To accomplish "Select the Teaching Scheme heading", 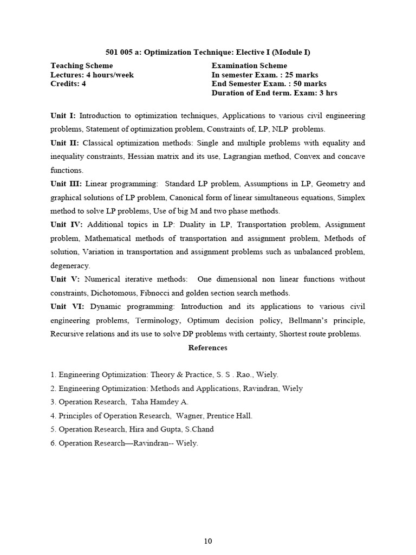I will [82, 66].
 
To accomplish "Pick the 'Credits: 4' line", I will [68, 84].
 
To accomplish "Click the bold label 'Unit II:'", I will [65, 143].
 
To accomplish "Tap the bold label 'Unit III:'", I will [66, 184].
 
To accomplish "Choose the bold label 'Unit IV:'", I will [66, 224].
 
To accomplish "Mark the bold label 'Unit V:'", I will [65, 279].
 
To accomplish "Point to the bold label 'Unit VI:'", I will [67, 306].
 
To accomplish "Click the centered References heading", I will [207, 347].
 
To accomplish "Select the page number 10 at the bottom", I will [207, 541].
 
